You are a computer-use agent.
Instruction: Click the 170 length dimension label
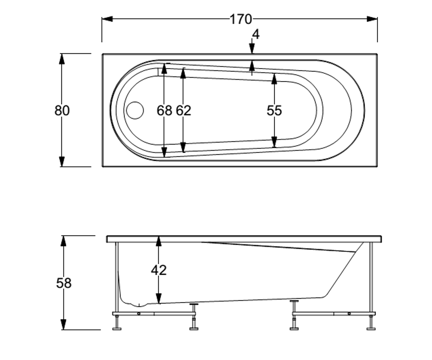coord(241,19)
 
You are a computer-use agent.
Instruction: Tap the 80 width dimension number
coord(62,110)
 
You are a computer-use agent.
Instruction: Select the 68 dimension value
coord(164,110)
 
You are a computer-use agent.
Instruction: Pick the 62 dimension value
coord(184,110)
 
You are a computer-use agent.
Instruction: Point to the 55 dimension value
coord(274,110)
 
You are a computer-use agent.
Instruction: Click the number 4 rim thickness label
coord(256,34)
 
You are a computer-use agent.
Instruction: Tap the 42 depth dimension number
coord(159,270)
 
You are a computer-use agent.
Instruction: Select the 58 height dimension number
coord(64,283)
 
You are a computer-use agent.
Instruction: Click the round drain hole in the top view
coord(135,110)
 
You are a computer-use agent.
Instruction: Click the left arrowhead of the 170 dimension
coord(107,19)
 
